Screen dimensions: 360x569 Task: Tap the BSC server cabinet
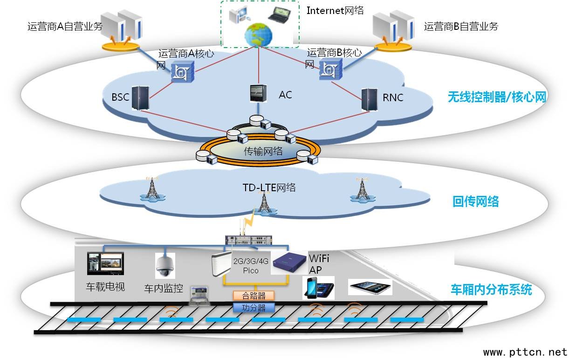[139, 98]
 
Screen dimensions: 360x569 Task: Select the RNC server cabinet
[370, 98]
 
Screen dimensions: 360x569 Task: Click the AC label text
[285, 95]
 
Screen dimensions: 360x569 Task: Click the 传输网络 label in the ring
[263, 151]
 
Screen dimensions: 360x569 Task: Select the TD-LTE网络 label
[269, 188]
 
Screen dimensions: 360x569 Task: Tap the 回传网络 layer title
[476, 201]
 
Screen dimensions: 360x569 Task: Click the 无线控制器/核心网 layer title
[496, 97]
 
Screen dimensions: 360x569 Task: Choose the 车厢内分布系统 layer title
[491, 290]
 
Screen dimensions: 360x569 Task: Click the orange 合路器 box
[254, 296]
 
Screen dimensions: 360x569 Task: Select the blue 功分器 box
[254, 307]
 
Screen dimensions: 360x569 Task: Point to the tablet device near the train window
[370, 287]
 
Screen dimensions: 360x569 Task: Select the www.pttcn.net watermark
[525, 352]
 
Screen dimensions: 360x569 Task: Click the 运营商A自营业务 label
[65, 27]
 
